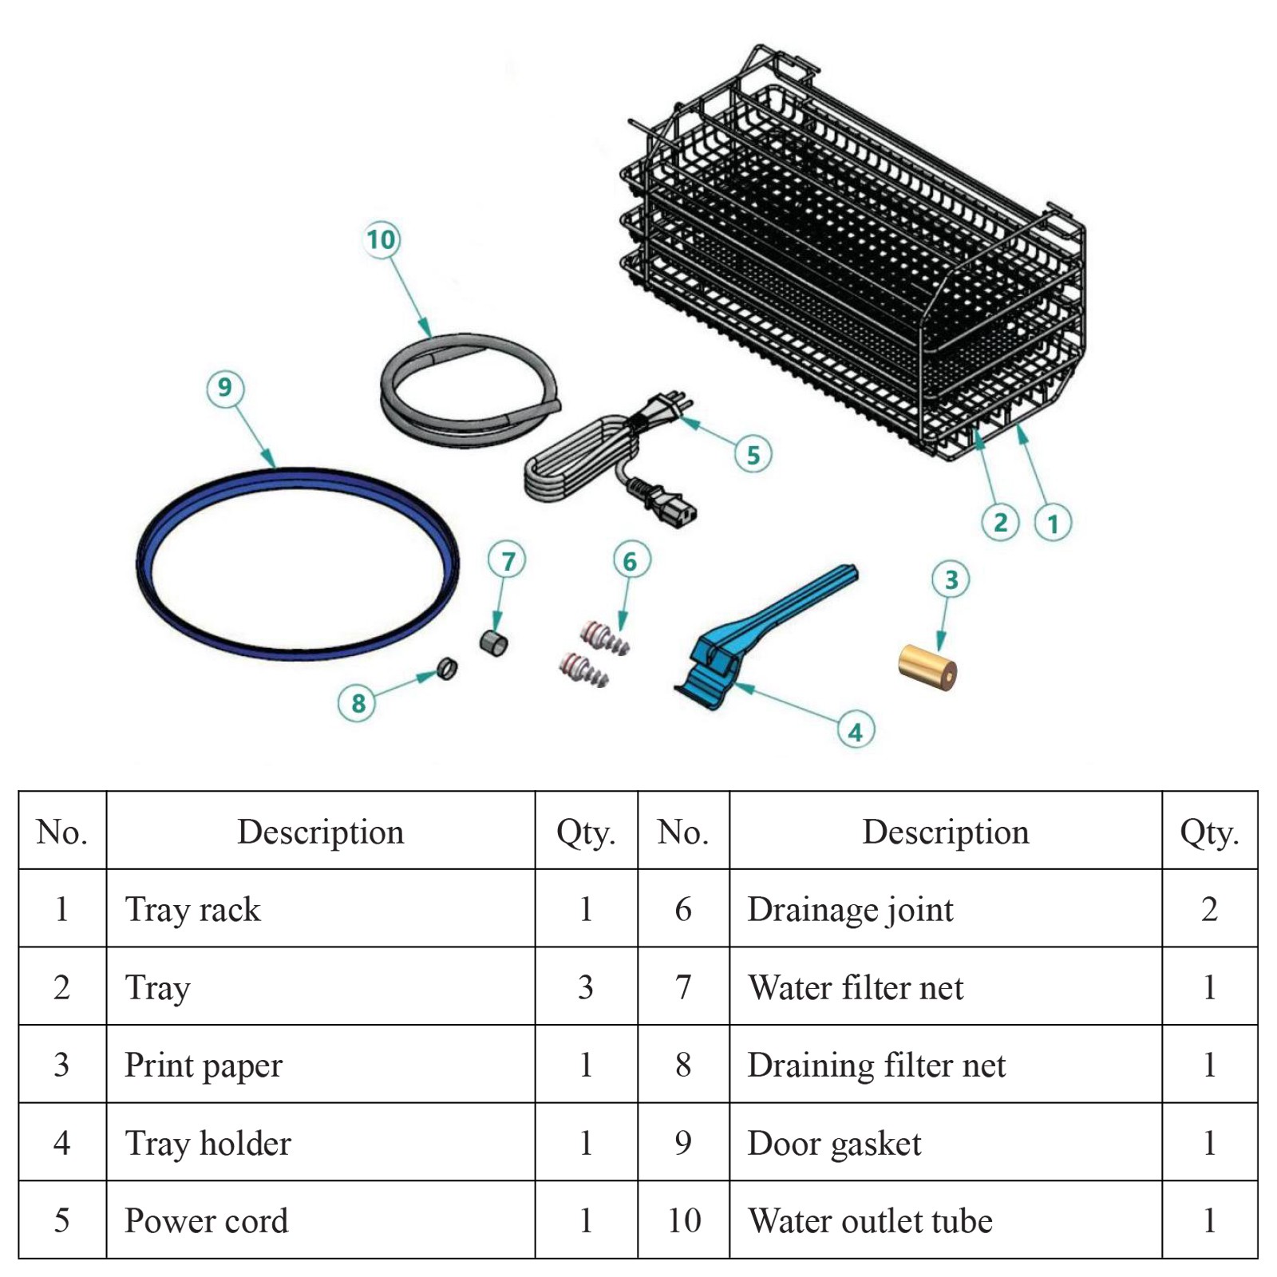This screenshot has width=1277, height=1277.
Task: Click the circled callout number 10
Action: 382,239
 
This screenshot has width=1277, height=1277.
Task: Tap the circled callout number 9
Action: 225,388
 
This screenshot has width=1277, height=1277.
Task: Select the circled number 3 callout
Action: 951,579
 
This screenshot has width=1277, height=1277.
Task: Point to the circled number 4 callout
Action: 856,731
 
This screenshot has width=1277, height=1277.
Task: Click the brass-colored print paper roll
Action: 927,667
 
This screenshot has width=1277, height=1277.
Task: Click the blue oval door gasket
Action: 298,563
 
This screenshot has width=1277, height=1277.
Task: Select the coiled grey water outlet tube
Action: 469,389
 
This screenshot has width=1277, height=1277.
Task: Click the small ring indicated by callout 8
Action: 447,668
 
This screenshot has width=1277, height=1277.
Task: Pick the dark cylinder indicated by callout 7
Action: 493,643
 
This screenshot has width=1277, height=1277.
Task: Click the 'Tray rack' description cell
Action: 321,908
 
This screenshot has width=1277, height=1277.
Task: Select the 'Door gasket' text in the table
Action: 834,1144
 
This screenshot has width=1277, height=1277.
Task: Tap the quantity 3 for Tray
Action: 586,987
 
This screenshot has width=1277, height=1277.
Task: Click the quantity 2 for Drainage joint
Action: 1209,909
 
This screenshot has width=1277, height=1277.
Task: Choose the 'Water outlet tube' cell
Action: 946,1220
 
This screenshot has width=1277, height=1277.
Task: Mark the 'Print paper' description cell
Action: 321,1065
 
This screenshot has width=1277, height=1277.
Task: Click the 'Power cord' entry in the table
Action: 207,1220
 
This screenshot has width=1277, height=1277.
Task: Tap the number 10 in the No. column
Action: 684,1220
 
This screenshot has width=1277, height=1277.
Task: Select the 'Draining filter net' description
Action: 876,1065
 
